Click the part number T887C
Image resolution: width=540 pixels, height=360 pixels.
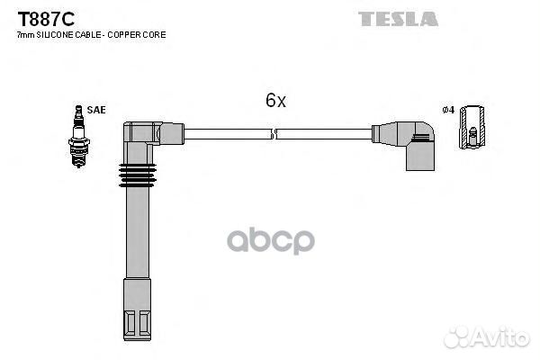point(46,19)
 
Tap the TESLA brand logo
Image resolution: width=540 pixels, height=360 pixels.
point(398,19)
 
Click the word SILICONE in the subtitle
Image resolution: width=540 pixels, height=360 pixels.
point(55,35)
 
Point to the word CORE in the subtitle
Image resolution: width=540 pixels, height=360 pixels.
point(154,35)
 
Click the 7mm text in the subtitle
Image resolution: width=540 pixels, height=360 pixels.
point(26,35)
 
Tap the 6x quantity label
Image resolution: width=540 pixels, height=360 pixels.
point(275,100)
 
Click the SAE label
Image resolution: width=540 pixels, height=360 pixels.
point(96,110)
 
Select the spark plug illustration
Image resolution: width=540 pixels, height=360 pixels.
point(79,136)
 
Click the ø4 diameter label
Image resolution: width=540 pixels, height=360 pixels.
point(448,110)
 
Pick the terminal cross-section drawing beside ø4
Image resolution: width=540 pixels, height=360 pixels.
point(472,127)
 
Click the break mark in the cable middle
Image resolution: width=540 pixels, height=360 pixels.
point(274,134)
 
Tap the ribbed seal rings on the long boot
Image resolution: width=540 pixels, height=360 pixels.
point(137,175)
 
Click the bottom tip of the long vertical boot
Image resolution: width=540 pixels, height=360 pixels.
point(137,340)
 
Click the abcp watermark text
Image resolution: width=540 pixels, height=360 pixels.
point(271,241)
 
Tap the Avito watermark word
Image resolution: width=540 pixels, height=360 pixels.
point(501,337)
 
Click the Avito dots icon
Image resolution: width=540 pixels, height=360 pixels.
point(457,337)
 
